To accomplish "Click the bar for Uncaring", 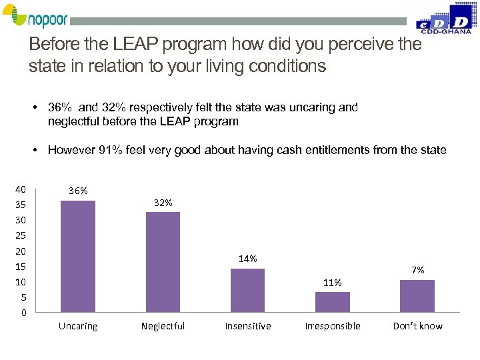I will tap(78, 256).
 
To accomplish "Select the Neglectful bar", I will tap(163, 261).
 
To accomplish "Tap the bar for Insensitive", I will tap(247, 290).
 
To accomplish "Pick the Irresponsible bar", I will tap(332, 301).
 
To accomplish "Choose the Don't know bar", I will tap(417, 295).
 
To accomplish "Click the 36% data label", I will tap(78, 191).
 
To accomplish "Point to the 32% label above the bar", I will tap(163, 202).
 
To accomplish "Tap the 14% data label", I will tap(247, 259).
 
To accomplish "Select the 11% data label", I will tap(332, 283).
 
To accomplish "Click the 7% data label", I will tap(417, 270).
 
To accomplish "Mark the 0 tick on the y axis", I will tap(23, 313).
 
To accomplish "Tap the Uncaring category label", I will tap(78, 326).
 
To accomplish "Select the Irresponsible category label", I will tap(332, 326).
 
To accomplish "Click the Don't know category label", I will tap(417, 326).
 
